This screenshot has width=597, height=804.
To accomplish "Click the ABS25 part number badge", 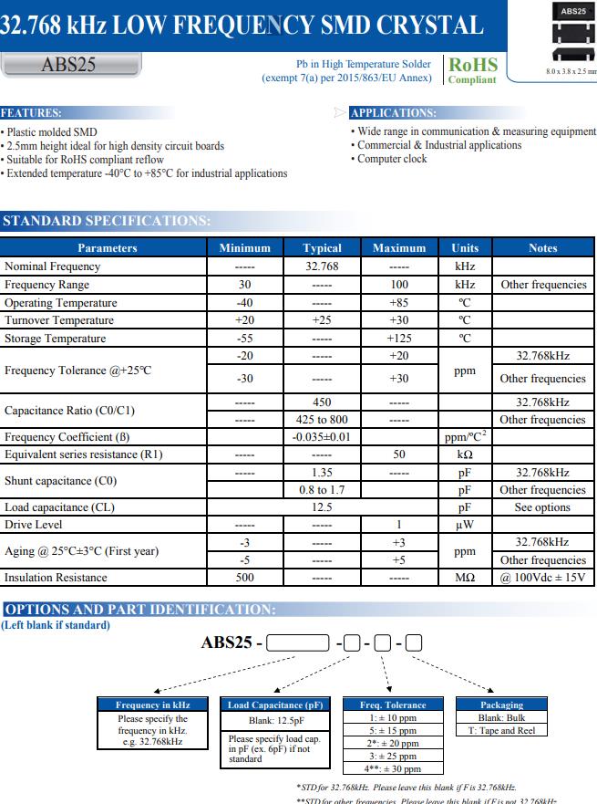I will tap(68, 65).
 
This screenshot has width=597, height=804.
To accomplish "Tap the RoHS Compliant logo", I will tap(472, 70).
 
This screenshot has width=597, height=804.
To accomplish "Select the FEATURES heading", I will tap(32, 113).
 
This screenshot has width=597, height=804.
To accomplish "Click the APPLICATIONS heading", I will tap(393, 113).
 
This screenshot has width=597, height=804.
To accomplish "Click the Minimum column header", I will tap(244, 248).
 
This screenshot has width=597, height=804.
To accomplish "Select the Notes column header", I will tap(542, 248).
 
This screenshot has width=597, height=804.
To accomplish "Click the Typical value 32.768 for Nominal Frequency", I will tap(322, 266).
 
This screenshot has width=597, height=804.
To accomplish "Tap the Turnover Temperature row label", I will tap(59, 320).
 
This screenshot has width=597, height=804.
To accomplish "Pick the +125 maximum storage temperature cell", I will tap(398, 339).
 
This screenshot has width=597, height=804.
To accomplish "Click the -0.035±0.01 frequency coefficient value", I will tap(322, 437).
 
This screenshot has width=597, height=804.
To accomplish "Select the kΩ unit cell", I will tap(464, 454).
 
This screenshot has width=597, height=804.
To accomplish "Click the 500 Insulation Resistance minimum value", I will tap(244, 578).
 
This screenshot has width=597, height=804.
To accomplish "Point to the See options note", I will tap(542, 507).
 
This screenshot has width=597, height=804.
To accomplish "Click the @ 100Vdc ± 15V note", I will tap(542, 578).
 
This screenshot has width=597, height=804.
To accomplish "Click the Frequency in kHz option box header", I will tap(153, 705).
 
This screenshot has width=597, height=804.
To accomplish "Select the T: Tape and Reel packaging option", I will tap(502, 730).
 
